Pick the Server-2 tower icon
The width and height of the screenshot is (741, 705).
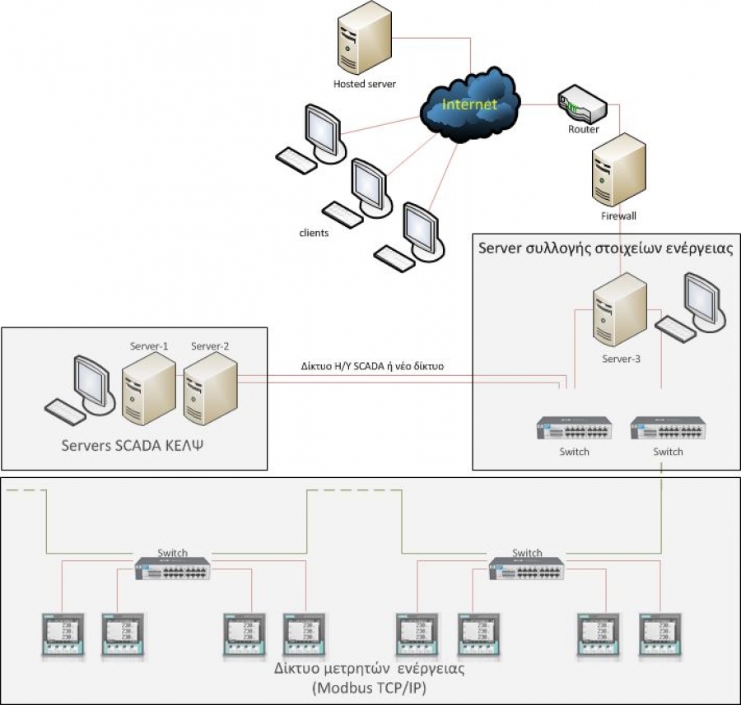point(211,385)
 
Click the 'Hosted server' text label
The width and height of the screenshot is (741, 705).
point(365,84)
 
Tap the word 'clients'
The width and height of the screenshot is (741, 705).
point(314,233)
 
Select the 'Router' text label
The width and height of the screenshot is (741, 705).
point(584,129)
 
